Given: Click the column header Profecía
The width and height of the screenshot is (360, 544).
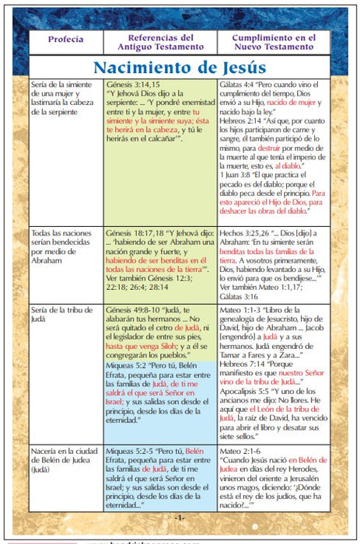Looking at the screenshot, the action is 65,38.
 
